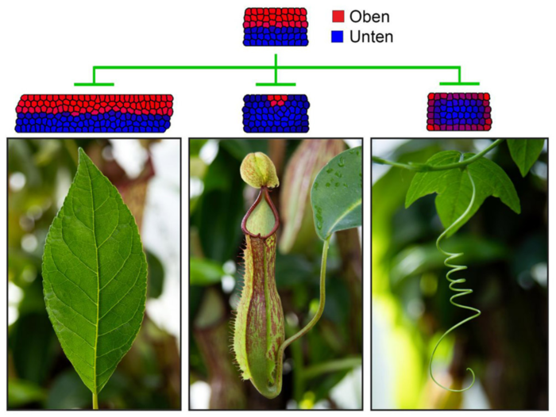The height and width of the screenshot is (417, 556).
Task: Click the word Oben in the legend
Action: [369, 17]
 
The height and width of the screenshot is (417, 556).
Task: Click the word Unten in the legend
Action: [371, 36]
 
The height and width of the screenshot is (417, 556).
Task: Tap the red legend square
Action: [338, 17]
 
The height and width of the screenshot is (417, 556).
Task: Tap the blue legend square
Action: [338, 36]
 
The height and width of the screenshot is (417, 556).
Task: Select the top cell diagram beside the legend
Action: [276, 27]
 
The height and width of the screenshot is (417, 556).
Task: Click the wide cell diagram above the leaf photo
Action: [94, 113]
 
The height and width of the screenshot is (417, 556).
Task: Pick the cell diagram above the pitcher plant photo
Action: [276, 113]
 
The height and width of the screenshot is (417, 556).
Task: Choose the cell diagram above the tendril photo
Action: [459, 112]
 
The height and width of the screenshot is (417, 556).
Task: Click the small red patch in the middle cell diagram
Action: [277, 99]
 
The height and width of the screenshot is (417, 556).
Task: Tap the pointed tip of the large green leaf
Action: [82, 148]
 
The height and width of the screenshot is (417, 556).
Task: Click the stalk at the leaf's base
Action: [95, 400]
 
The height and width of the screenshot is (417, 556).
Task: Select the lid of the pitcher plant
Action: [259, 170]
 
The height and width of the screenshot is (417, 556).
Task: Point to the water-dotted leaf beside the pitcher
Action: [336, 193]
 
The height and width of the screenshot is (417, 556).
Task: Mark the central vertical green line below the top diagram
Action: [276, 69]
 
